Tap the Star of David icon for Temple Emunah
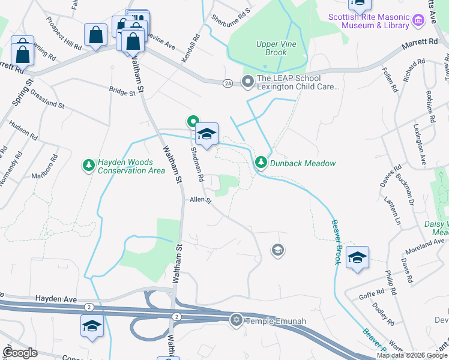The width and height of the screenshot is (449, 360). coord(235,320)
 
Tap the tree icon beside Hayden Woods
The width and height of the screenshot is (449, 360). coord(88,165)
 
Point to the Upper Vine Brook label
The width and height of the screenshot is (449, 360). coord(271,48)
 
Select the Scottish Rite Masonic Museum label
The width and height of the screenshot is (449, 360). coord(369,21)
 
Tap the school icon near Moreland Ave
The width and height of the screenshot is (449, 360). coord(357,258)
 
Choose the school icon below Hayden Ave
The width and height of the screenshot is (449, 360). coord(92,326)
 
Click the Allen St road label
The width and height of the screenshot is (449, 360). coord(201,200)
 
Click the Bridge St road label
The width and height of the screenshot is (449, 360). coord(122,91)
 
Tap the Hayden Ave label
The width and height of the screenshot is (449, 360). coord(56,298)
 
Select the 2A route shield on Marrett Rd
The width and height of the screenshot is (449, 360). coord(227,82)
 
